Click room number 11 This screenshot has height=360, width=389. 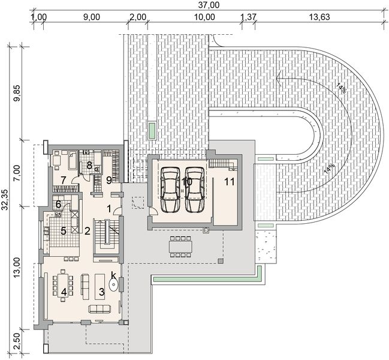click(x=229, y=181)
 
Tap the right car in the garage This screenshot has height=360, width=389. click(x=195, y=188)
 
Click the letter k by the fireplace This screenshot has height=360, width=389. click(x=113, y=275)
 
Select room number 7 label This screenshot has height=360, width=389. click(x=63, y=181)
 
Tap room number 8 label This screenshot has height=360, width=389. click(x=89, y=164)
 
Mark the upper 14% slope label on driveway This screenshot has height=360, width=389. click(x=342, y=88)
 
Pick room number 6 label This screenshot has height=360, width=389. click(x=58, y=204)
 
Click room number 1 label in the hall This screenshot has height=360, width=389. click(x=109, y=208)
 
